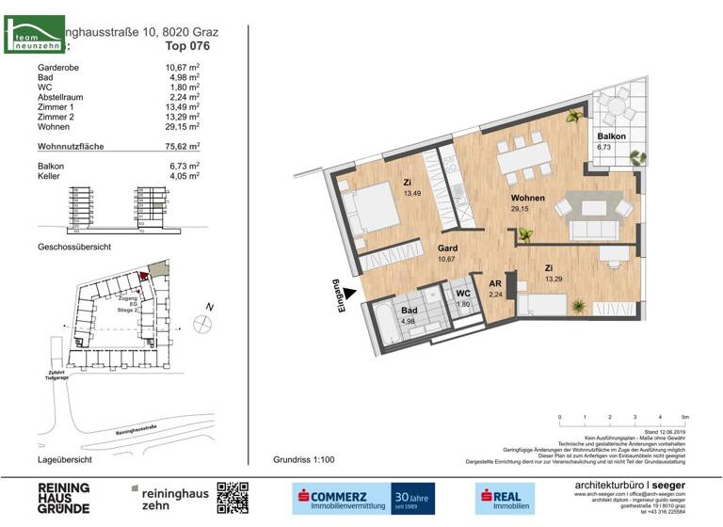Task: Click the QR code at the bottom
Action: [233, 498]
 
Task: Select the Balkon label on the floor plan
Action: [610, 137]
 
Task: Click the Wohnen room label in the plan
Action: [526, 199]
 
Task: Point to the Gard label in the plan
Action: [447, 248]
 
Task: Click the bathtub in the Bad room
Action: [384, 325]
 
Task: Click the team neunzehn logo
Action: [34, 36]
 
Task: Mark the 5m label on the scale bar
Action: [684, 416]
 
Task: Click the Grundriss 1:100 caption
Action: [303, 460]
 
